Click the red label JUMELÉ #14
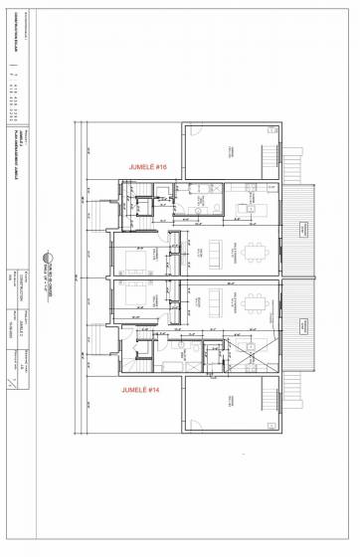pyautogui.click(x=140, y=391)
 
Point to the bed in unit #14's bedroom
pyautogui.click(x=136, y=298)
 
